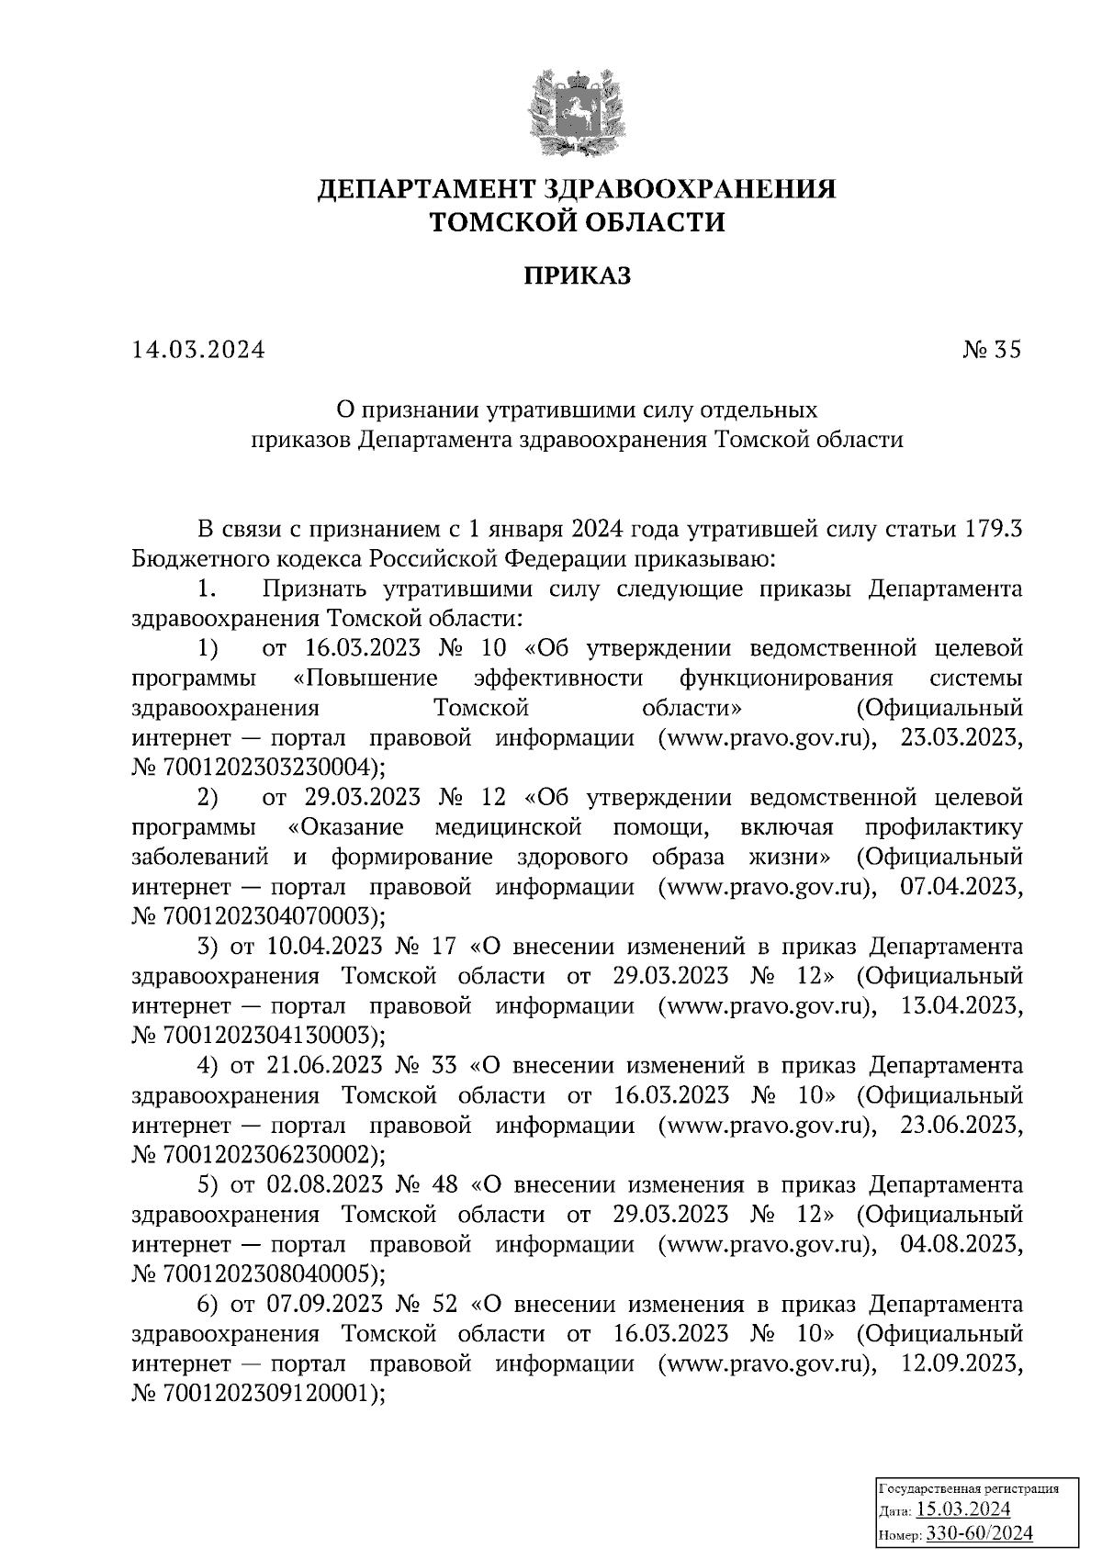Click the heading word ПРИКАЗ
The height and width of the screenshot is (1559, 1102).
pos(577,275)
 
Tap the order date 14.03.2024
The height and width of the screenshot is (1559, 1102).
pos(197,350)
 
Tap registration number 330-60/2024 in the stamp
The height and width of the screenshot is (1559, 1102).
pos(980,1533)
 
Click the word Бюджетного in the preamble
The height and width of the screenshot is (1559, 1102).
pos(197,559)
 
